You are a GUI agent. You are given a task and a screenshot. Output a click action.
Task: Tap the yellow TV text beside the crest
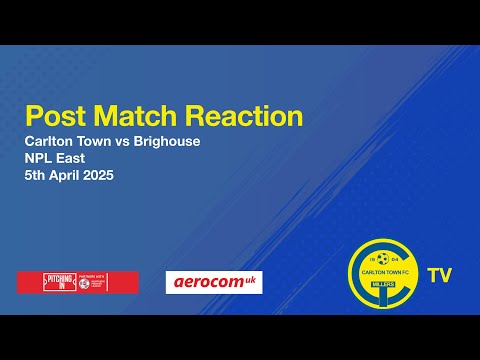tap(437, 274)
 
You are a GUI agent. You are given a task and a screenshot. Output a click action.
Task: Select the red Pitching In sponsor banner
tap(77, 282)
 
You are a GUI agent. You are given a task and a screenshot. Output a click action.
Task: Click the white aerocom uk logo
tap(213, 282)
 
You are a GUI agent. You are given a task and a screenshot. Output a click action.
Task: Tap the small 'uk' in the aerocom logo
tap(251, 279)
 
